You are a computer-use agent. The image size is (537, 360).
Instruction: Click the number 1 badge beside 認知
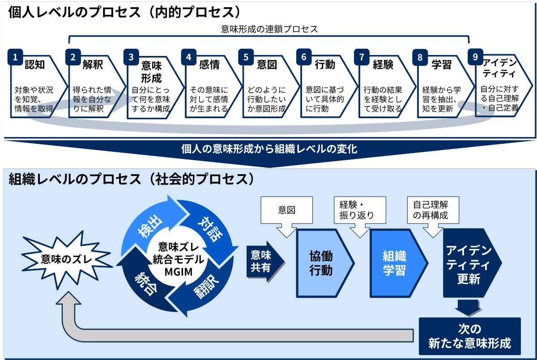[15, 57]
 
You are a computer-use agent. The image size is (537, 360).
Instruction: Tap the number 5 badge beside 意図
[246, 57]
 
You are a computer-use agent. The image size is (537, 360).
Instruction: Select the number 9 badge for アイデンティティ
[475, 57]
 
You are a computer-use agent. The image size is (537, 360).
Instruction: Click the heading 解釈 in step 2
[93, 64]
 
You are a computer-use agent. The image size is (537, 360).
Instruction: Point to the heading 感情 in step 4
[209, 64]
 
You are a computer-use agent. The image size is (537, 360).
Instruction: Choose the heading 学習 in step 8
[441, 64]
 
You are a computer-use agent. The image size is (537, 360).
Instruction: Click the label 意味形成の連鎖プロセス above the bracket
[269, 29]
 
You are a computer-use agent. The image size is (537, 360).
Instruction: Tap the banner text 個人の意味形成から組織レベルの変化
[269, 149]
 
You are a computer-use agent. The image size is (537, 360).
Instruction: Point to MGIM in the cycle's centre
[179, 272]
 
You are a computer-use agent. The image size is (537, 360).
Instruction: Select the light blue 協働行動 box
[325, 263]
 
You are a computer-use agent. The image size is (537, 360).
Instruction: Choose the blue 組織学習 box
[398, 263]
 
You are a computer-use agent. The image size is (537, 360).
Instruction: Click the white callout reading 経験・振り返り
[360, 210]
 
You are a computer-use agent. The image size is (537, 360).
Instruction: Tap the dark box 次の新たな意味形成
[469, 336]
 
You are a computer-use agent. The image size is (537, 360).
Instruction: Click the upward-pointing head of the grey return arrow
[68, 298]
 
